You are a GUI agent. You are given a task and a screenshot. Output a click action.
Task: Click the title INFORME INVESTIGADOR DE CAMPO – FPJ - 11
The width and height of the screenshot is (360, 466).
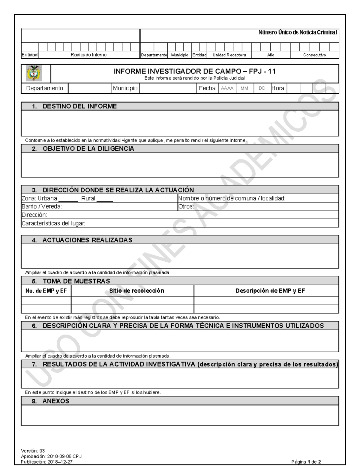tap(194, 71)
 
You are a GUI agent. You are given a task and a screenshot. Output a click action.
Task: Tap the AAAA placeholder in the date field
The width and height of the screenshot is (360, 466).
tap(227, 89)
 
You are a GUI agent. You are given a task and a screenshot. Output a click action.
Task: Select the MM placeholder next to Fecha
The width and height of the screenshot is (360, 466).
tap(244, 89)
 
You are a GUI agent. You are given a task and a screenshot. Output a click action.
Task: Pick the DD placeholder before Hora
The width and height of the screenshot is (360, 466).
tap(262, 89)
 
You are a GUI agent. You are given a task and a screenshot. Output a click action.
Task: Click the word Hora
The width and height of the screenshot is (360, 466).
tap(278, 88)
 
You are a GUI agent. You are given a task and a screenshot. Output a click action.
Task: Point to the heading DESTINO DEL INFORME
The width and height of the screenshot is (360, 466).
tap(79, 106)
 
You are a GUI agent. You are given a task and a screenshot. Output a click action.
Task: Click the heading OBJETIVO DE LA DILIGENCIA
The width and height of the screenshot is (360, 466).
tap(88, 149)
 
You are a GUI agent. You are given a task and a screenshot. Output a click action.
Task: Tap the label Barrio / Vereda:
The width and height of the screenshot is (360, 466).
tap(42, 206)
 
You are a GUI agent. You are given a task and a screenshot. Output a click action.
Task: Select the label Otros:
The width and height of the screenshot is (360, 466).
tap(186, 206)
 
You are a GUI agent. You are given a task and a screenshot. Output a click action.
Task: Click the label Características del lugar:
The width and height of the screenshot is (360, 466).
tap(53, 223)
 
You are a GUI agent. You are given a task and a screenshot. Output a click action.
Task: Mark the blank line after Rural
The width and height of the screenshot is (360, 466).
tap(105, 199)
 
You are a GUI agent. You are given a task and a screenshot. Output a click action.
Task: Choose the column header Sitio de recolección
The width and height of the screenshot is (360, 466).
tap(136, 290)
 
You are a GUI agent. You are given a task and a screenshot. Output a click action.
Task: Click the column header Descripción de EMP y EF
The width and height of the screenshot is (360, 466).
tap(270, 290)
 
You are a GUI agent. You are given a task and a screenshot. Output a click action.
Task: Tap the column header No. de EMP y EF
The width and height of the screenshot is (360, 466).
tap(46, 290)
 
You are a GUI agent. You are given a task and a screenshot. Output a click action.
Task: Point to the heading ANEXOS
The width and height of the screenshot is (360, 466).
tap(56, 401)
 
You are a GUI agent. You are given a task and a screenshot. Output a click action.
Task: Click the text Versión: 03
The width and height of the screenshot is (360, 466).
tap(33, 451)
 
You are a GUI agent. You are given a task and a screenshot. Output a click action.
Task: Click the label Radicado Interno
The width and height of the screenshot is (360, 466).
tap(88, 55)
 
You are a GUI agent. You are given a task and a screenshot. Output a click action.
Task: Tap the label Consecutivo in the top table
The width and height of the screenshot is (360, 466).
tap(314, 55)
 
